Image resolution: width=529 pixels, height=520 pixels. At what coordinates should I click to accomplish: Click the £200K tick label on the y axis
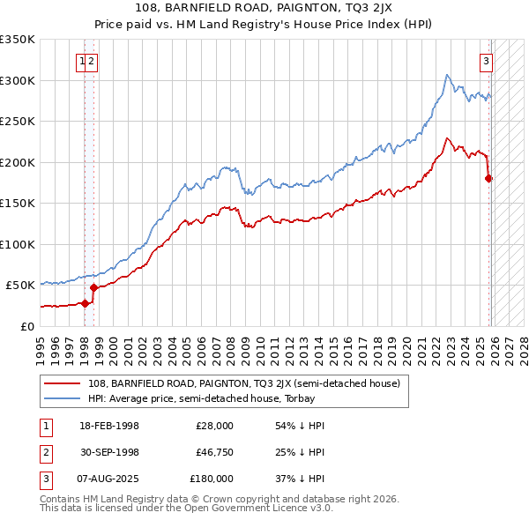tap(18, 162)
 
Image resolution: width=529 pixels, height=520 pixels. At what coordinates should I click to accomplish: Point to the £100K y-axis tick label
tap(18, 244)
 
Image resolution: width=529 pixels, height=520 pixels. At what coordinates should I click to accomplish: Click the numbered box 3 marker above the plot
tap(486, 61)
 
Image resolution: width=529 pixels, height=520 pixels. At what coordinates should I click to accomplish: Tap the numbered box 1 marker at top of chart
tap(82, 61)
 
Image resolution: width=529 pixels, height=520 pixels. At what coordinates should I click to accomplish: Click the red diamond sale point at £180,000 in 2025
tap(489, 179)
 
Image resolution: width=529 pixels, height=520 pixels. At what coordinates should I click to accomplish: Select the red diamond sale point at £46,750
tap(93, 287)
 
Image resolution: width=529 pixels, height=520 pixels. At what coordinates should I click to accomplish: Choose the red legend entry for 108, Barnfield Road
tap(243, 383)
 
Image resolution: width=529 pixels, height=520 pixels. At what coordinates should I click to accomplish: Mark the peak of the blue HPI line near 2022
tap(447, 75)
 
